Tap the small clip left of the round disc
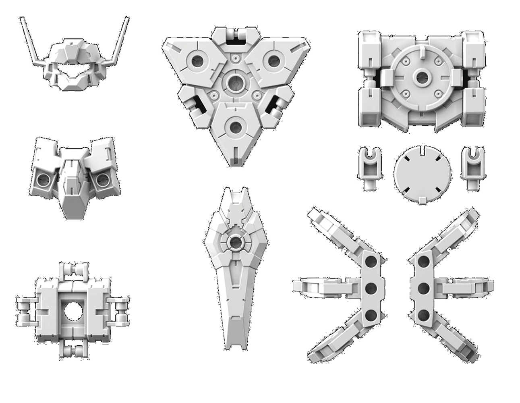(x=367, y=167)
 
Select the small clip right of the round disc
(x=471, y=167)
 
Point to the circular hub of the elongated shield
(x=236, y=242)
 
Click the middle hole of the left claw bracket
(x=371, y=288)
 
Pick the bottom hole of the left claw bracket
(x=371, y=315)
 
